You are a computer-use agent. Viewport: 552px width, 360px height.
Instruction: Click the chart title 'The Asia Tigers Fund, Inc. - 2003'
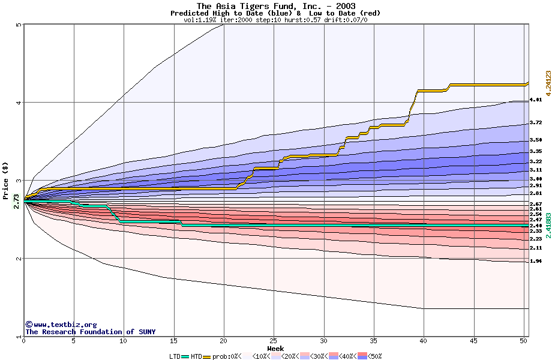[275, 6]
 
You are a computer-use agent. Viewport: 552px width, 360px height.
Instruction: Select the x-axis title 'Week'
[275, 349]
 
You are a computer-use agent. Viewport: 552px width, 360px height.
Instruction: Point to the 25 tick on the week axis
[274, 341]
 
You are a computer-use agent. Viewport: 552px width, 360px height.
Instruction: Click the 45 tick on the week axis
[473, 341]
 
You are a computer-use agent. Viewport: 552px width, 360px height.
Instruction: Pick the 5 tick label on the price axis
[19, 25]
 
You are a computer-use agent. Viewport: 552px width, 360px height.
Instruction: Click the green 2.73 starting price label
[16, 201]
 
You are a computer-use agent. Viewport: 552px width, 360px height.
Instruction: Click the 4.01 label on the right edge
[536, 100]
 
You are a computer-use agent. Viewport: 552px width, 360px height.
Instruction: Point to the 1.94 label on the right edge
[536, 262]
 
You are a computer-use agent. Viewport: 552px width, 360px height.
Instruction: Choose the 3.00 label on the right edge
[536, 179]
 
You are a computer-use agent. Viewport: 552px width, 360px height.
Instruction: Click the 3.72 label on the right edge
[536, 122]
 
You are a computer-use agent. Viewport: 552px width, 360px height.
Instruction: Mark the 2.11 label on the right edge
[536, 248]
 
